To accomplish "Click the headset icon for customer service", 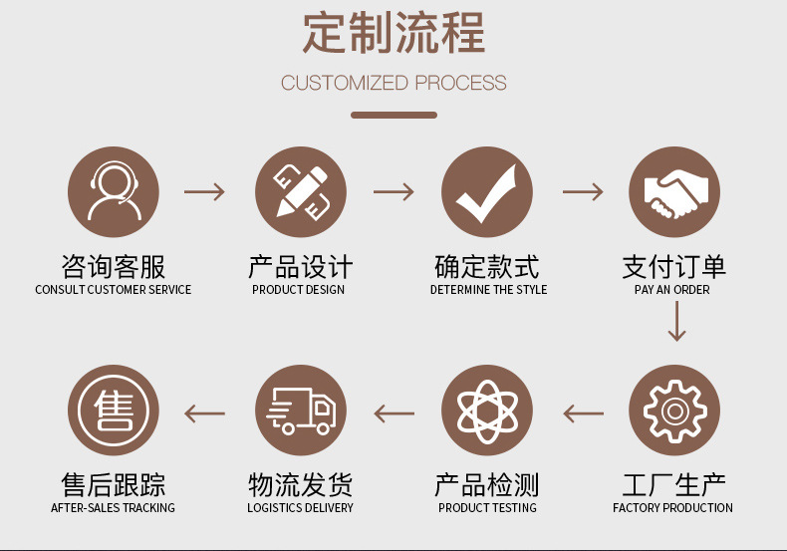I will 113,192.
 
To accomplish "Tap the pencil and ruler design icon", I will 300,192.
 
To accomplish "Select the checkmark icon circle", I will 487,192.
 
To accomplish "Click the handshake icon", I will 673,192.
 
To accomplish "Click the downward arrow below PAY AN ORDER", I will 676,321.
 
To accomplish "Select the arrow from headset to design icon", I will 205,192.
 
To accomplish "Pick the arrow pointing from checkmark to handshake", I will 583,192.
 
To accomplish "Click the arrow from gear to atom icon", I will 583,412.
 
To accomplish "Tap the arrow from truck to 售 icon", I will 205,412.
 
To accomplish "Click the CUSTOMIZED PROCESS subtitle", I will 393,83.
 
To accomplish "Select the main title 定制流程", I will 393,33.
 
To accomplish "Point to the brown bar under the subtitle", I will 393,115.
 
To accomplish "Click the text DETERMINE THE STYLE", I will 488,290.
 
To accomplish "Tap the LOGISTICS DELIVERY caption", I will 300,508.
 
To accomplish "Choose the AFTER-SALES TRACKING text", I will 113,508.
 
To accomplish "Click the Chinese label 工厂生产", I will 673,485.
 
